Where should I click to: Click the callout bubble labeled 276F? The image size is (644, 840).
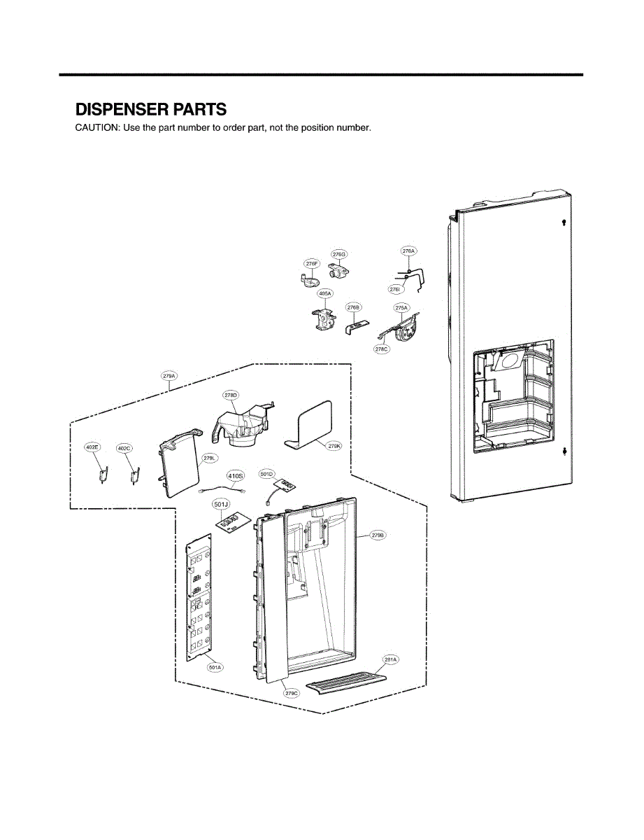312,263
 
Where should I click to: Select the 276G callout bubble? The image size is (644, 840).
339,253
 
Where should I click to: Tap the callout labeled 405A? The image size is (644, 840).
325,294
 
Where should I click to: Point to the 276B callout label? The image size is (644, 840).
354,307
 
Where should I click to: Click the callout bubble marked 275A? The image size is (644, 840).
401,307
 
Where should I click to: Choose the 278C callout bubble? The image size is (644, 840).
381,349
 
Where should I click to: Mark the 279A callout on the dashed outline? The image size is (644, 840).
169,376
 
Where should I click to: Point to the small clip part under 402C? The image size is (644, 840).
132,475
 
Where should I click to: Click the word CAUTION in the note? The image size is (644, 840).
97,128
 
